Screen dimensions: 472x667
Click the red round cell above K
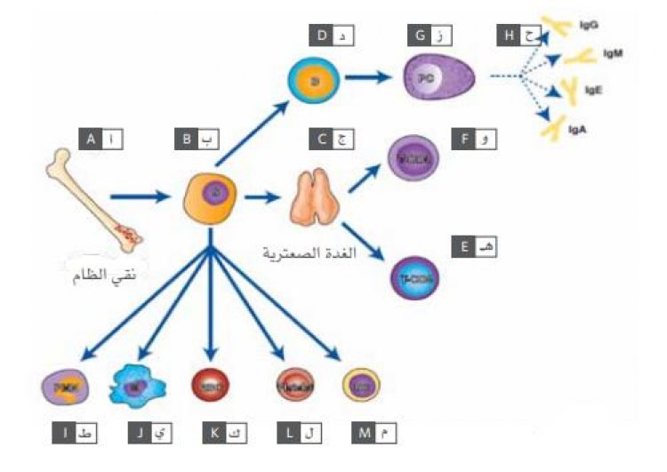pos(211,385)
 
